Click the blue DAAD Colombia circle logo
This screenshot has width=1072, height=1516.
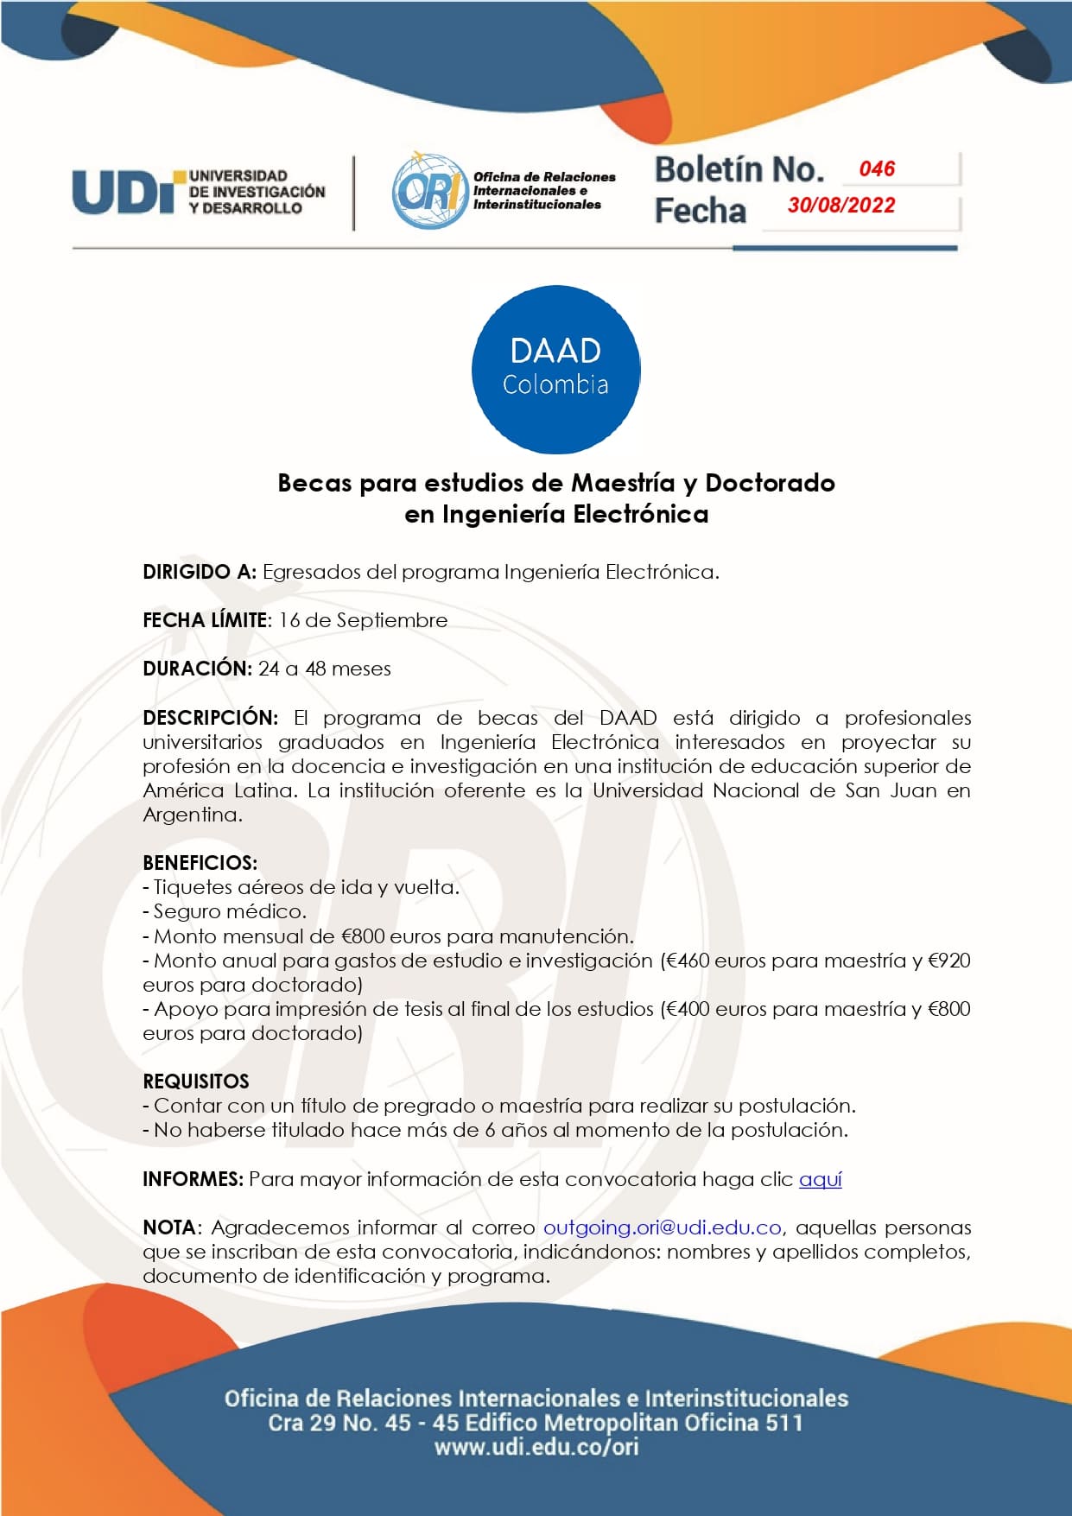pyautogui.click(x=555, y=370)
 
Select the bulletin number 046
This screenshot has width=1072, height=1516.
pyautogui.click(x=877, y=168)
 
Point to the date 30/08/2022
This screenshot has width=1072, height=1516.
pyautogui.click(x=840, y=206)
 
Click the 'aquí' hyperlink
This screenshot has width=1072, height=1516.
pyautogui.click(x=820, y=1179)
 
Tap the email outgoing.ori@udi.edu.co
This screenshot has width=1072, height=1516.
pyautogui.click(x=662, y=1227)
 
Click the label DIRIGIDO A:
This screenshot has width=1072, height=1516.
pyautogui.click(x=200, y=572)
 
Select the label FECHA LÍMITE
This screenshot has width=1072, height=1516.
pyautogui.click(x=205, y=620)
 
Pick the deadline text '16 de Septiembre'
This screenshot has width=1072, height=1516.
pyautogui.click(x=363, y=620)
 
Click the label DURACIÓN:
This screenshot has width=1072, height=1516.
pyautogui.click(x=197, y=669)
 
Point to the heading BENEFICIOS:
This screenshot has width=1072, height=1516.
pyautogui.click(x=200, y=863)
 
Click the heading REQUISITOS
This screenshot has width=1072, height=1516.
pyautogui.click(x=196, y=1081)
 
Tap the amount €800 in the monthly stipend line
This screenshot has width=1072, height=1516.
pyautogui.click(x=363, y=936)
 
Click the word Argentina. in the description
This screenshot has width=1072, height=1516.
pyautogui.click(x=193, y=815)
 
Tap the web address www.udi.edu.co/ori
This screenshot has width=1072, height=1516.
pyautogui.click(x=536, y=1447)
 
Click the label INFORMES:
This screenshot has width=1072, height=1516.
pyautogui.click(x=193, y=1179)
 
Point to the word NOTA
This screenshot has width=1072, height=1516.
pyautogui.click(x=170, y=1227)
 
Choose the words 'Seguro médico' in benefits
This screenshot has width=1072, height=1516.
pyautogui.click(x=229, y=911)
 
